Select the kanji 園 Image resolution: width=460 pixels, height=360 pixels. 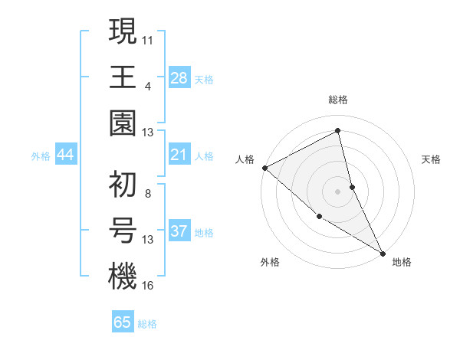coord(123,123)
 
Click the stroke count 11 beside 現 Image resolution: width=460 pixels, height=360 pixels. coord(148,38)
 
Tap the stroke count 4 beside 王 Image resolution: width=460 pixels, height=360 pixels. coord(147,85)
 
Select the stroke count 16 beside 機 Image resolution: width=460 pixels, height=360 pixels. coord(148,285)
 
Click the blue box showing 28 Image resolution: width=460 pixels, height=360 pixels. coord(179,77)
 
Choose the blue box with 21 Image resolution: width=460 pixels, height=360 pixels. coord(179,155)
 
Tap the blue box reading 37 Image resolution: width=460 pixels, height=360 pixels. coord(179,231)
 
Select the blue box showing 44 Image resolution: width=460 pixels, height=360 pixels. coord(66,155)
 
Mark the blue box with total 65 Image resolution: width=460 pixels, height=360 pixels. coord(123,322)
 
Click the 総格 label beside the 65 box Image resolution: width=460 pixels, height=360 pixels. coord(147,324)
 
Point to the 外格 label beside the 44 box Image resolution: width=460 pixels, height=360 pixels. coord(41,156)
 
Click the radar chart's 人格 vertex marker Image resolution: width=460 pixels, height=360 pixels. coord(264,168)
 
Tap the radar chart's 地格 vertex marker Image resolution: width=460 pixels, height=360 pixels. coord(383,253)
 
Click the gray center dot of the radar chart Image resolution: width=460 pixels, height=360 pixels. coord(337,191)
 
